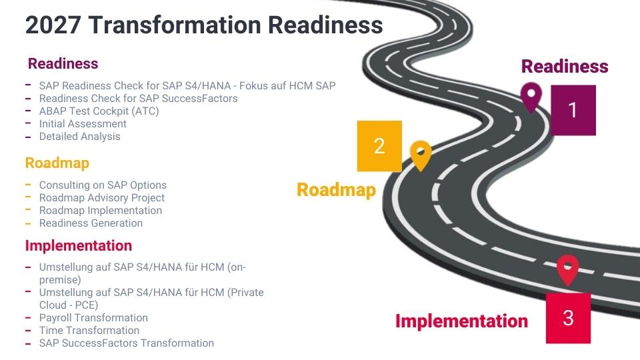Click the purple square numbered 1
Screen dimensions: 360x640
click(573, 110)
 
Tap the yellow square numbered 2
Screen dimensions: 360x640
click(379, 146)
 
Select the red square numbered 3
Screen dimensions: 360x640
click(568, 317)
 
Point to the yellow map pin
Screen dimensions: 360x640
click(421, 155)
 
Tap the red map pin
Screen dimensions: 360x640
click(567, 269)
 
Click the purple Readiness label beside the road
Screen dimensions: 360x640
click(565, 67)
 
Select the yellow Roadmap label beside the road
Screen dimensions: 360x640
click(336, 190)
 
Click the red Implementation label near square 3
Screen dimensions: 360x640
click(461, 321)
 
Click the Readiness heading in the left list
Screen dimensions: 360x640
click(63, 64)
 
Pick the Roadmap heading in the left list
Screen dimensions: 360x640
click(57, 163)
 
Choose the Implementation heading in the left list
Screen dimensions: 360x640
click(79, 245)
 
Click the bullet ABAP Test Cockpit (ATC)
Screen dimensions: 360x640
click(99, 111)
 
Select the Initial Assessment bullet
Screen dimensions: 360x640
click(83, 124)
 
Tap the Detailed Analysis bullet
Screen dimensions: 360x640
click(80, 137)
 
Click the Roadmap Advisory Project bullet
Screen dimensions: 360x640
click(102, 198)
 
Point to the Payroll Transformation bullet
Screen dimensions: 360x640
click(93, 318)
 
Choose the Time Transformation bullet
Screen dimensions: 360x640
click(89, 331)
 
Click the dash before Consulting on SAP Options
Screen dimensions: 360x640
click(28, 184)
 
